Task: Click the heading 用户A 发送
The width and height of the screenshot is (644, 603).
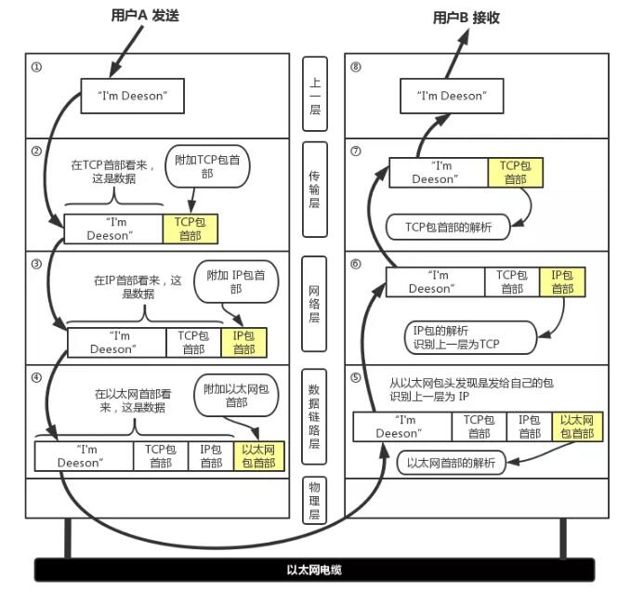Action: tap(145, 16)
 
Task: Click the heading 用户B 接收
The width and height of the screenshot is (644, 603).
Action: tap(467, 18)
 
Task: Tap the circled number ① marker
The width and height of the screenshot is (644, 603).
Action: tap(36, 67)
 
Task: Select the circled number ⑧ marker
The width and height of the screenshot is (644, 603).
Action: tap(356, 67)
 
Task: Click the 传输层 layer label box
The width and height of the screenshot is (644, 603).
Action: tap(315, 190)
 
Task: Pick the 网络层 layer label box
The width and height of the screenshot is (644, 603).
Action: tap(314, 304)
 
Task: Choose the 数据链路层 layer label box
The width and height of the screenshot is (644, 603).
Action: tap(314, 416)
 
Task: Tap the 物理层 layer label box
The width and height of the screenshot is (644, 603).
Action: tap(314, 500)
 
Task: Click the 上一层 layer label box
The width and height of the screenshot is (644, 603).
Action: tap(315, 94)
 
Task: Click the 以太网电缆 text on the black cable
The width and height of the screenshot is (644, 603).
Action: tap(314, 570)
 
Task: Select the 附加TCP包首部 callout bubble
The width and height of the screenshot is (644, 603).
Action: tap(207, 166)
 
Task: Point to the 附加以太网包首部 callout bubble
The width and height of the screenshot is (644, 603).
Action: tap(236, 395)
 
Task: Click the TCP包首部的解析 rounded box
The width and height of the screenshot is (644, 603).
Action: tap(448, 227)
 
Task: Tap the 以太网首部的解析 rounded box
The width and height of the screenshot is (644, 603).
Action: tap(451, 463)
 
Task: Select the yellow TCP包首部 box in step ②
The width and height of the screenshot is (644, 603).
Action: tap(191, 229)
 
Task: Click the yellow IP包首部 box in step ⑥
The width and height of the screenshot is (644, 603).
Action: tap(562, 282)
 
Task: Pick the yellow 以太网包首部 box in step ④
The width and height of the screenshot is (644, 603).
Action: tap(258, 456)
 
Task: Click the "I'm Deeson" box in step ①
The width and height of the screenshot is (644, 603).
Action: tap(132, 96)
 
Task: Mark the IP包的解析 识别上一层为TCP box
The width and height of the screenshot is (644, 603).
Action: tap(470, 337)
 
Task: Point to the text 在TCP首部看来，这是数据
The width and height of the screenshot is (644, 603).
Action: tap(113, 172)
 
